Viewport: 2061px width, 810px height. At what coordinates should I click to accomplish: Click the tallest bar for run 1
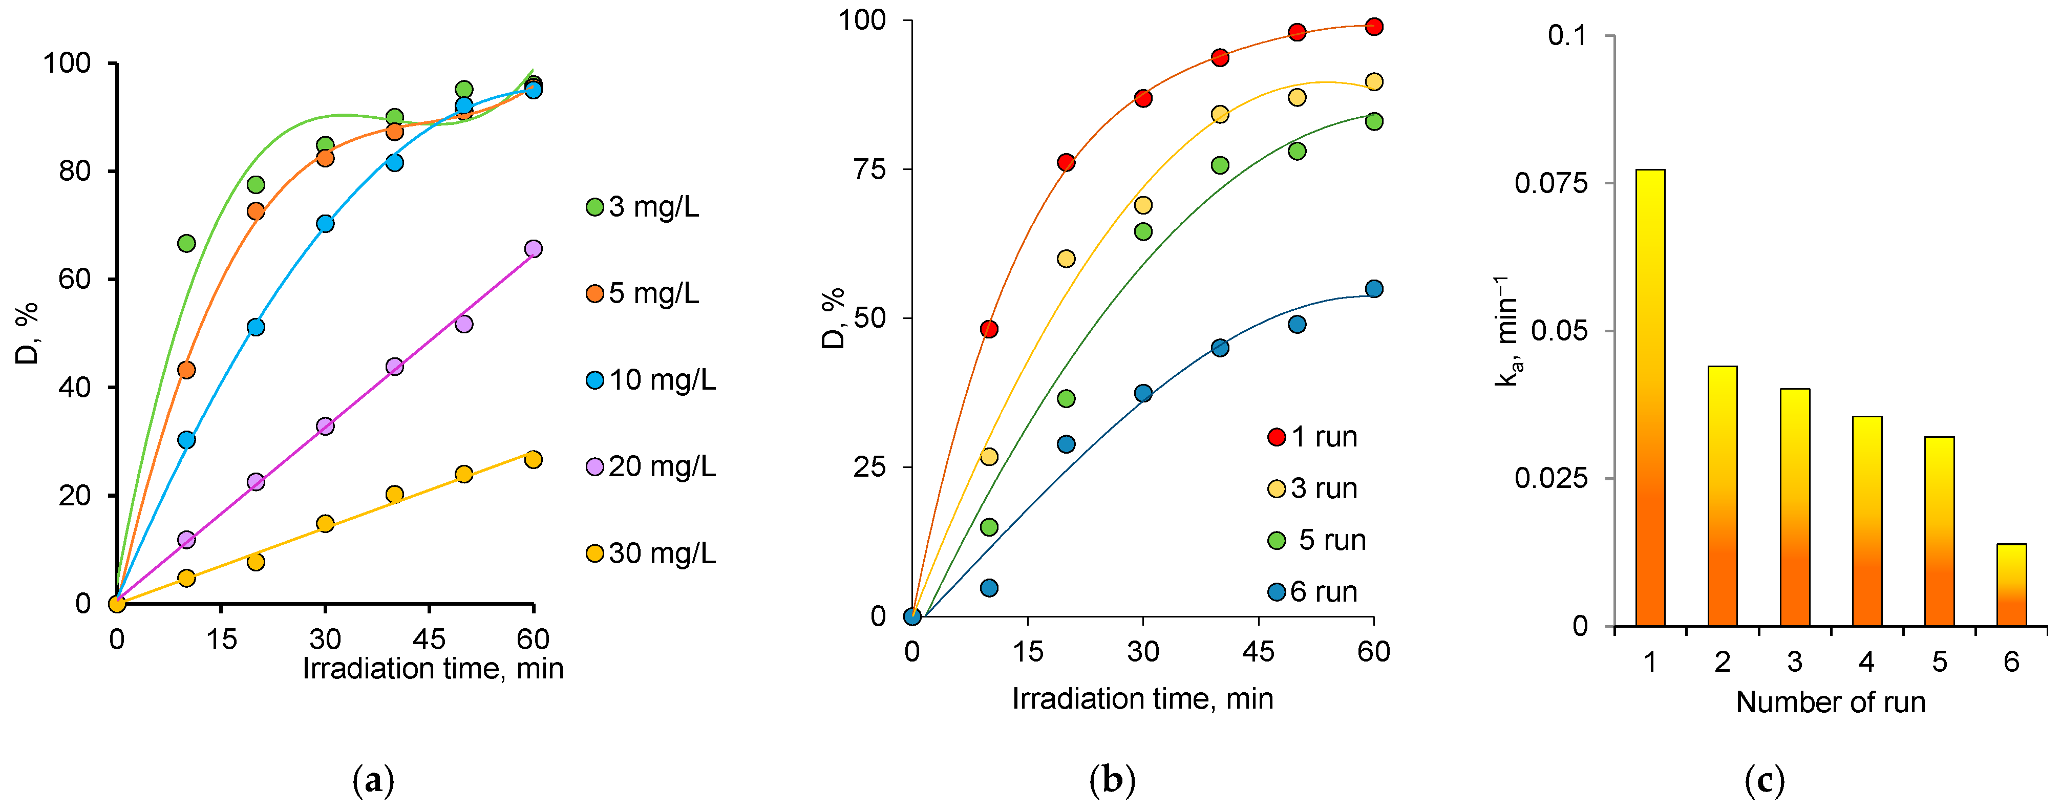[x=1650, y=398]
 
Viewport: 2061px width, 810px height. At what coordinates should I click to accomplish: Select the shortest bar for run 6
[x=2011, y=585]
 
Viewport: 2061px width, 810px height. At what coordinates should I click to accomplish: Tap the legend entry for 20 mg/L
[x=651, y=466]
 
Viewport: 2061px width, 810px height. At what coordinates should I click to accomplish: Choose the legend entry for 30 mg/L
[x=651, y=553]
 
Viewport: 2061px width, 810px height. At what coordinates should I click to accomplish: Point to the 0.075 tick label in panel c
[x=1550, y=183]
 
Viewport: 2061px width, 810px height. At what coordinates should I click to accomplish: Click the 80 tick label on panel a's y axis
[x=74, y=172]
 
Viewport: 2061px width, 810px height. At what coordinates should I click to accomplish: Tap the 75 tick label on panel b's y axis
[x=869, y=169]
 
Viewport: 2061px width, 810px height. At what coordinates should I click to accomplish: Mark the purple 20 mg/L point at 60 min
[x=533, y=249]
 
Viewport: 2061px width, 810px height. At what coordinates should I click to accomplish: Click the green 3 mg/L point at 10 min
[x=186, y=243]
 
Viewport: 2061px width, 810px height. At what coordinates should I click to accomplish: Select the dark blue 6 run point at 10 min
[x=989, y=588]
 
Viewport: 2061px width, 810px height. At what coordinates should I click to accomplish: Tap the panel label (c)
[x=1764, y=780]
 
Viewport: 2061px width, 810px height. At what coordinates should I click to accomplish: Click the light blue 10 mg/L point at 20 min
[x=256, y=327]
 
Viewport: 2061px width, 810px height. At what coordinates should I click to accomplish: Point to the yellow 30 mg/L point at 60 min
[x=533, y=459]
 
